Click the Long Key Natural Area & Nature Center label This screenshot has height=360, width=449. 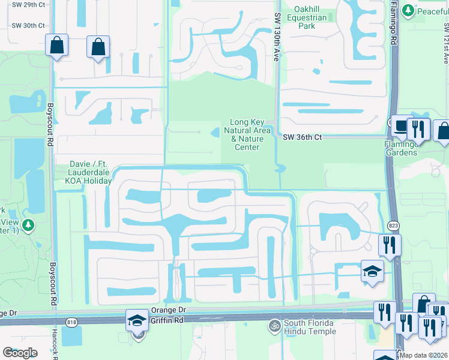[x=247, y=134]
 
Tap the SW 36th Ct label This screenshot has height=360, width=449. [x=303, y=137]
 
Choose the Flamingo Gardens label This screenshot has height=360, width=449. [x=401, y=148]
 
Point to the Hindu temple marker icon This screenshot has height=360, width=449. [x=275, y=325]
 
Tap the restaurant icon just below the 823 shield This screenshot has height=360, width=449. [x=389, y=245]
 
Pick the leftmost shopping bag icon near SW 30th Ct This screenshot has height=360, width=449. [x=56, y=46]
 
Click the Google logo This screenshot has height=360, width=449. [x=20, y=352]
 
